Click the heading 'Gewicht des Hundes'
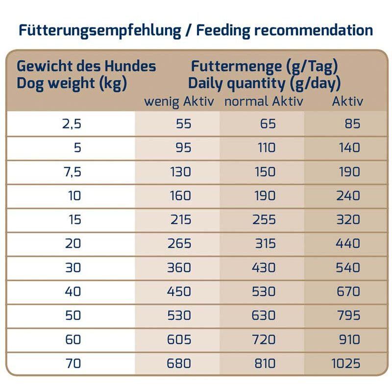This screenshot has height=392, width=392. pos(86,66)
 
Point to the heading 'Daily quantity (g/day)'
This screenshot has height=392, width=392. pos(265,83)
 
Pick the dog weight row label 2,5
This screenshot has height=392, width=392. pos(71,123)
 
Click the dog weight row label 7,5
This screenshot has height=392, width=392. pos(71,171)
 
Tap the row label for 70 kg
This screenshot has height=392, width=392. pos(73,363)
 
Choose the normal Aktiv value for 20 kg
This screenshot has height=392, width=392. pos(265,244)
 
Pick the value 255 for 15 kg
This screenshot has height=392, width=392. pos(264,220)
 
